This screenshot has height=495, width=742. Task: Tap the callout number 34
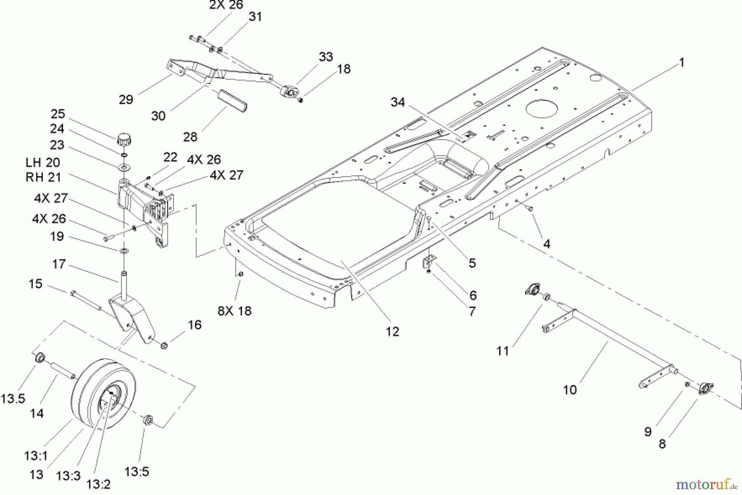[398, 102]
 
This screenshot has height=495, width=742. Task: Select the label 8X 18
[235, 311]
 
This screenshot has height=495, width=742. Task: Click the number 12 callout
[392, 331]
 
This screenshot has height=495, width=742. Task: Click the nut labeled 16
[164, 345]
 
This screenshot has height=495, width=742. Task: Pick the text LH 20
[43, 162]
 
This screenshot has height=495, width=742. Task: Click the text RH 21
[43, 177]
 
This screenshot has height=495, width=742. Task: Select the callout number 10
[570, 390]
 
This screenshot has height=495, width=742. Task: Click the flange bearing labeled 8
[706, 388]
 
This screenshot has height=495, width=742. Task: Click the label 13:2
[99, 484]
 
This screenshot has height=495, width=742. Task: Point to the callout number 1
[681, 63]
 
